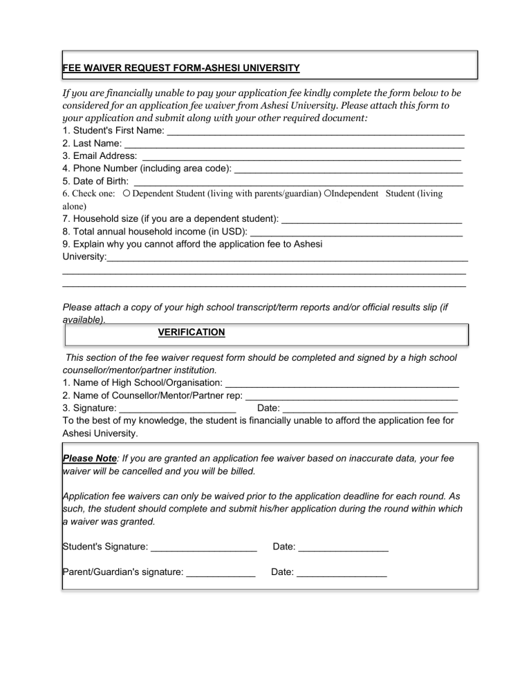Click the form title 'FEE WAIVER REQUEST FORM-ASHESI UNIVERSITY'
click(181, 68)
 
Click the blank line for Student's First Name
click(315, 130)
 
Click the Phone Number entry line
click(348, 169)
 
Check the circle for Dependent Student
click(127, 194)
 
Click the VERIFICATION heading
click(192, 332)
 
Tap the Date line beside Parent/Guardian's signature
click(342, 572)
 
